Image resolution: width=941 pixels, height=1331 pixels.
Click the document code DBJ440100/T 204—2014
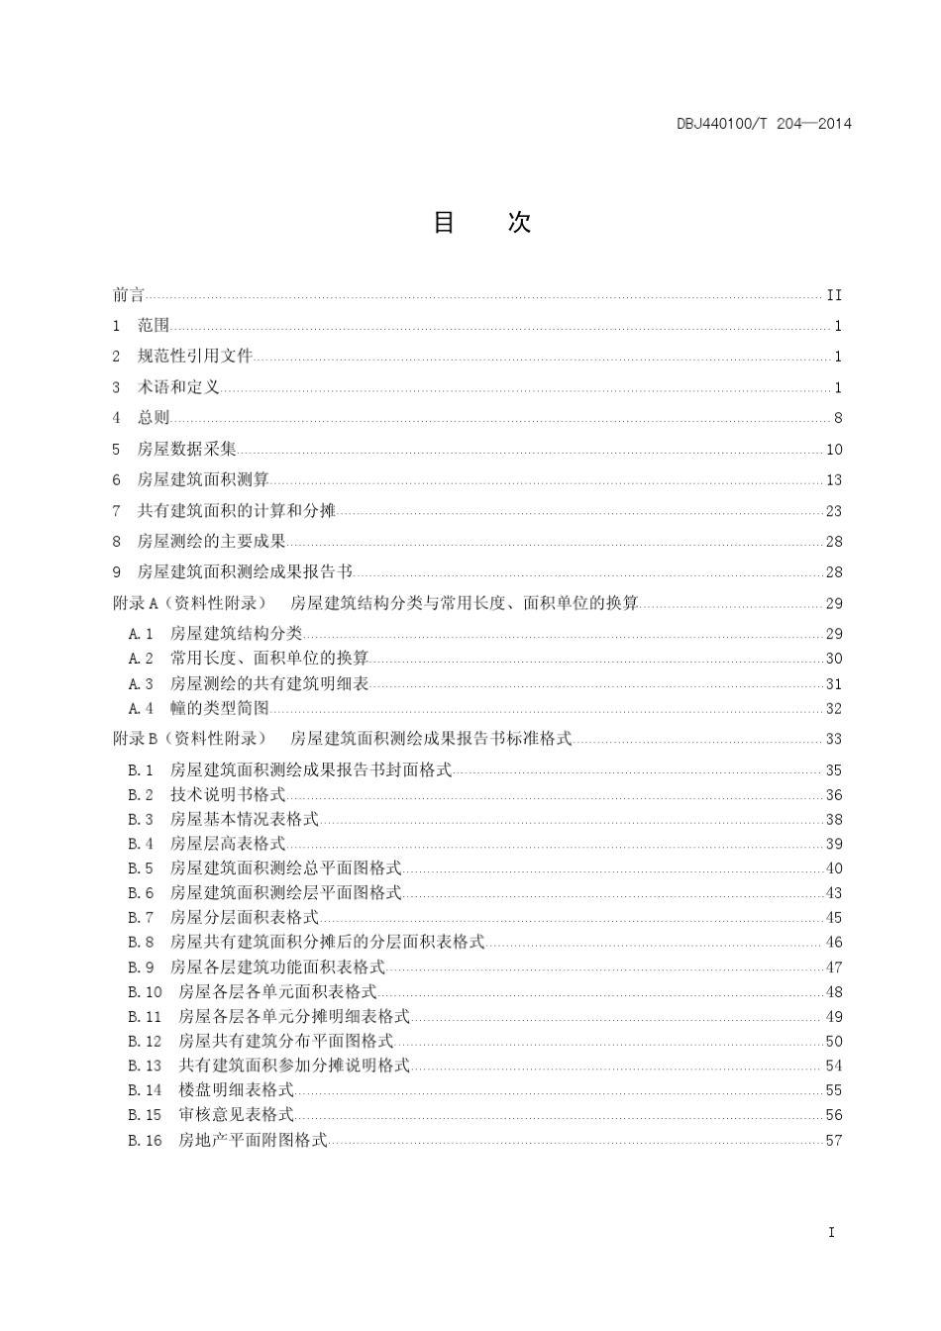[764, 124]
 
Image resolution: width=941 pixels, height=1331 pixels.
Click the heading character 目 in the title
[444, 222]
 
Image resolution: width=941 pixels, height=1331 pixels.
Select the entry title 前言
[129, 295]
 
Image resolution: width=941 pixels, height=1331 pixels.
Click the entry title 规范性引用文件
[195, 357]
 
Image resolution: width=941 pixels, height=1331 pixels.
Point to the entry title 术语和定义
[178, 387]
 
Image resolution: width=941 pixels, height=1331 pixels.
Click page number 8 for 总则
[838, 419]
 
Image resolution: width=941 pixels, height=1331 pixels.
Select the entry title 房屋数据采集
[187, 450]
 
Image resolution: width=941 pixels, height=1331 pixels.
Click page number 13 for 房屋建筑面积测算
[834, 480]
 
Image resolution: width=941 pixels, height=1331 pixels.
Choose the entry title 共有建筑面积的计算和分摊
[237, 511]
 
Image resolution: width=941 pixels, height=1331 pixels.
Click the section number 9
[116, 572]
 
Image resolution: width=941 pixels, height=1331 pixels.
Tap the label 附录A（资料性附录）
[189, 603]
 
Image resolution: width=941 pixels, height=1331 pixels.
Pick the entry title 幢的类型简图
[220, 708]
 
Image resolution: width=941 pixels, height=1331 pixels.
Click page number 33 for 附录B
[834, 739]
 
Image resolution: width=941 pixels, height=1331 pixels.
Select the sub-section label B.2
[141, 794]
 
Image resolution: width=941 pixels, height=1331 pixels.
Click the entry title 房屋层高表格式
[228, 844]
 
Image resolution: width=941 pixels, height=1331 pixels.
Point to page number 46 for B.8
[834, 943]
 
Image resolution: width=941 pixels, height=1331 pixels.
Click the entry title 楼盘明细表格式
[237, 1090]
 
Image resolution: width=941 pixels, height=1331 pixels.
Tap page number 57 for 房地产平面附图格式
[834, 1140]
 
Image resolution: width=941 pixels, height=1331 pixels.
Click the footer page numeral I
[831, 1233]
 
